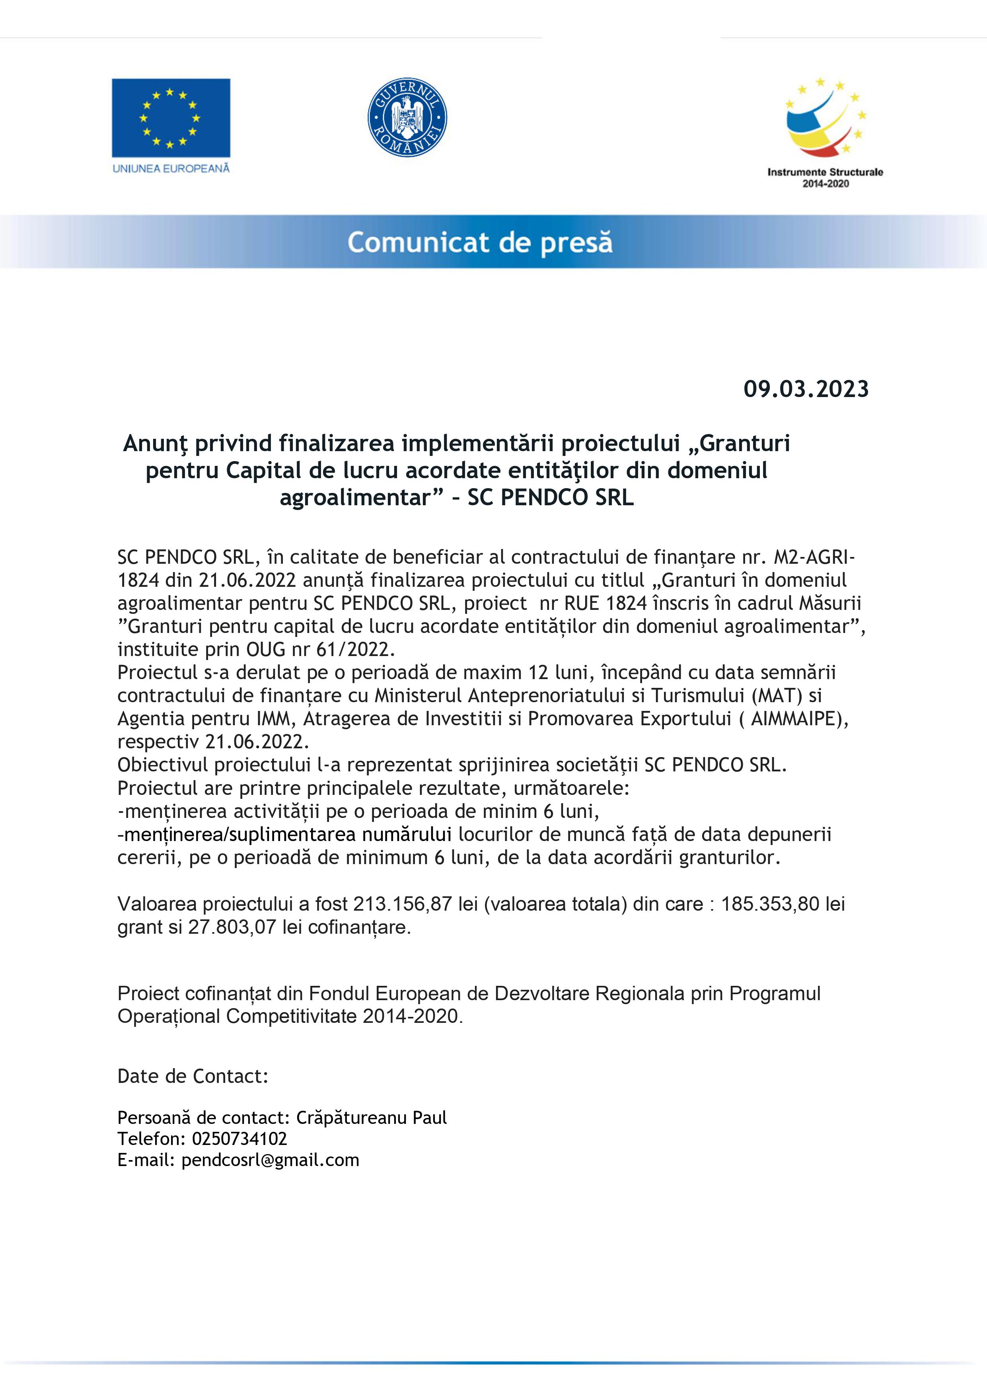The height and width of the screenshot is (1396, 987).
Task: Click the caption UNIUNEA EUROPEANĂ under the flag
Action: coord(171,168)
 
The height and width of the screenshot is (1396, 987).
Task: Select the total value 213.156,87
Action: coord(403,904)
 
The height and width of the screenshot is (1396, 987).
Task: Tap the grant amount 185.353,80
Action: coord(771,904)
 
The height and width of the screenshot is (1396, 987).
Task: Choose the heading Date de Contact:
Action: coord(193,1076)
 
